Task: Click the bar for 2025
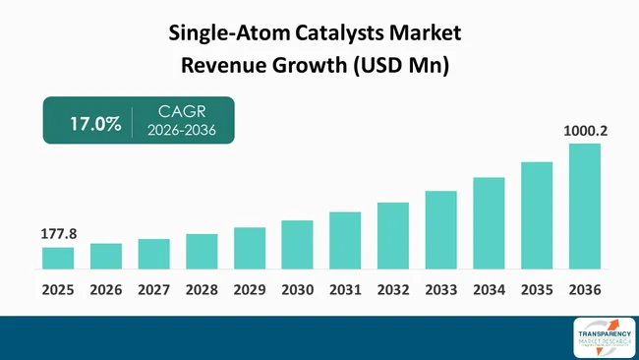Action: point(58,258)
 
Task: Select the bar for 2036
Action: point(585,206)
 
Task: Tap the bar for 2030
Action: point(297,244)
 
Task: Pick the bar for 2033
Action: point(440,229)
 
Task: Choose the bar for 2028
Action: point(202,251)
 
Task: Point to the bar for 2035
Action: point(537,214)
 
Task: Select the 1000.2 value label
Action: point(584,130)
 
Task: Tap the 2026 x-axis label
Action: point(106,290)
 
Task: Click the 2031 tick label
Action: point(345,290)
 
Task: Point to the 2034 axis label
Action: point(489,290)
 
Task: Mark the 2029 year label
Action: point(250,290)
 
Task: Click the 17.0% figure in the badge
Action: point(94,124)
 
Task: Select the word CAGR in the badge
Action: point(181,112)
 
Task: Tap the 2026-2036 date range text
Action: point(181,132)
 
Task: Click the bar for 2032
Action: point(393,235)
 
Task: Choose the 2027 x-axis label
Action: point(153,290)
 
